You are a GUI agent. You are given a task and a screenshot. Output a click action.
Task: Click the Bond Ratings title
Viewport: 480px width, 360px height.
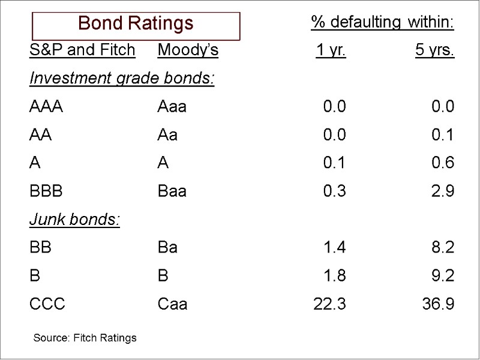136,24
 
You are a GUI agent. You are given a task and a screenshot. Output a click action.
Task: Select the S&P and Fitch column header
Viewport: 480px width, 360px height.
82,50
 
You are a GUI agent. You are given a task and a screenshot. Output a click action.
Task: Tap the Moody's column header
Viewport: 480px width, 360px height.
188,50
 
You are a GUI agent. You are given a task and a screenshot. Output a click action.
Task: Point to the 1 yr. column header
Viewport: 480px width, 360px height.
331,50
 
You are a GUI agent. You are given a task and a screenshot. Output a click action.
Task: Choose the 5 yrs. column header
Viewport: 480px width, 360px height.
434,50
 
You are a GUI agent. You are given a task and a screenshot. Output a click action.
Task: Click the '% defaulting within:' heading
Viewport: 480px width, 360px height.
382,23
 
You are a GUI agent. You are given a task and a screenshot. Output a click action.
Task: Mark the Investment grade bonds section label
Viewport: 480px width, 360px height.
122,79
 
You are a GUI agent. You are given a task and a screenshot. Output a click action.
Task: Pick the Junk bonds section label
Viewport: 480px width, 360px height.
75,220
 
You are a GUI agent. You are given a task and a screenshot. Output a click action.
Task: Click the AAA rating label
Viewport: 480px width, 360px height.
46,107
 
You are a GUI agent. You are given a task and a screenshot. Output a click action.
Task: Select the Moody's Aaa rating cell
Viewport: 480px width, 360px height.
172,107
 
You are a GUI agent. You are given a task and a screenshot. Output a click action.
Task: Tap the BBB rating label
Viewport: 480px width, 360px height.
46,191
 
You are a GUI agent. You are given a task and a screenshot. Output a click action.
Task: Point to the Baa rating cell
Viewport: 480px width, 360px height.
172,191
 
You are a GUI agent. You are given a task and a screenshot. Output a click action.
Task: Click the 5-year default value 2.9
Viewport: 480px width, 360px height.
443,191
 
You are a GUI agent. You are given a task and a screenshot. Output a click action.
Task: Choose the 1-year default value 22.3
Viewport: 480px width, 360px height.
329,304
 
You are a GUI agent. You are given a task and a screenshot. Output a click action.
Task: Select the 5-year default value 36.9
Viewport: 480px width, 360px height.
438,304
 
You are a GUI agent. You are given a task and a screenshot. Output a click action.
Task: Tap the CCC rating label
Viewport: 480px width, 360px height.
47,304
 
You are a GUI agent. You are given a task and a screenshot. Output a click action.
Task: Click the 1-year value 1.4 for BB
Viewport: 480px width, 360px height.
334,247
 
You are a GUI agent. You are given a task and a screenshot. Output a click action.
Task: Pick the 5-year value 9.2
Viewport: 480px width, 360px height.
443,276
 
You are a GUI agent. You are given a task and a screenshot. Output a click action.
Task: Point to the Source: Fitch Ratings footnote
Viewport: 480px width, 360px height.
85,338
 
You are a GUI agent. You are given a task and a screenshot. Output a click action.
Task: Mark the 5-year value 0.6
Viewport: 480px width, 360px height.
443,163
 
